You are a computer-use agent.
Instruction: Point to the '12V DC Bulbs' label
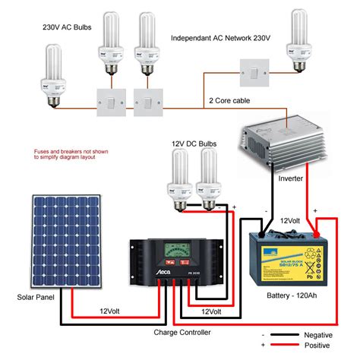point(189,142)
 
